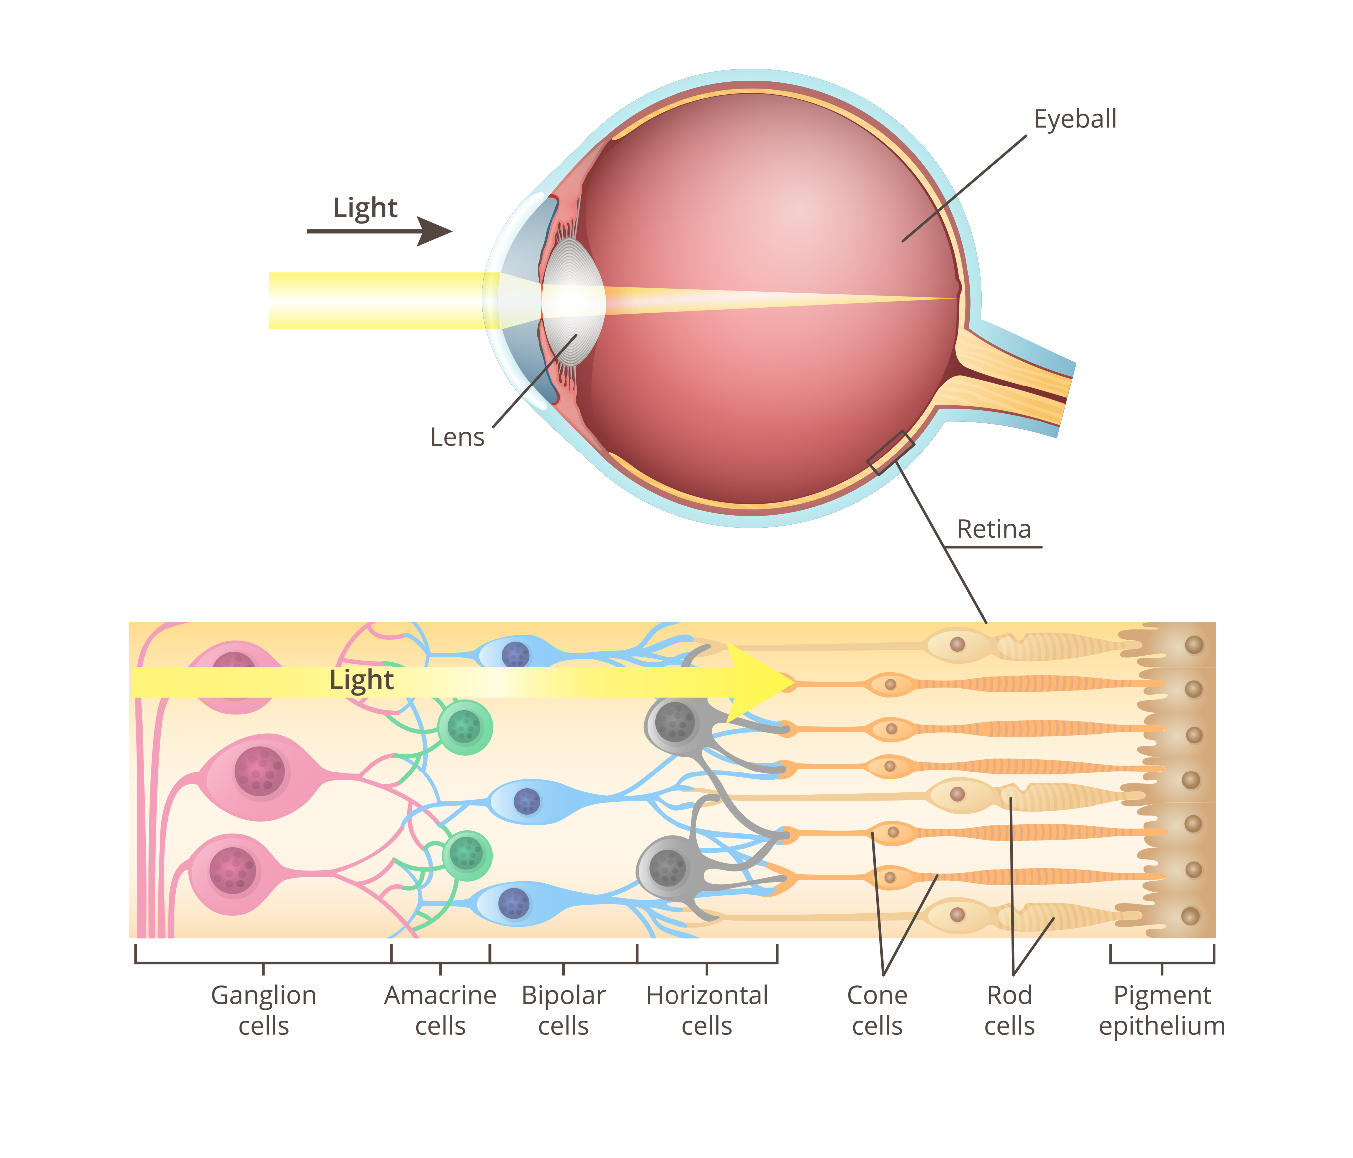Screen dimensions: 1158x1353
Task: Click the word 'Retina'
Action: coord(994,529)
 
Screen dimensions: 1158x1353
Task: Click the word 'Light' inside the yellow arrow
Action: coord(361,680)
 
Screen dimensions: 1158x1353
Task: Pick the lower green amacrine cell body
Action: coord(466,854)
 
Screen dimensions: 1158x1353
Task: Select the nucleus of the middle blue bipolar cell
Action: coord(527,801)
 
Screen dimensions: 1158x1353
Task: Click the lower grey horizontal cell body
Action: coord(668,867)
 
